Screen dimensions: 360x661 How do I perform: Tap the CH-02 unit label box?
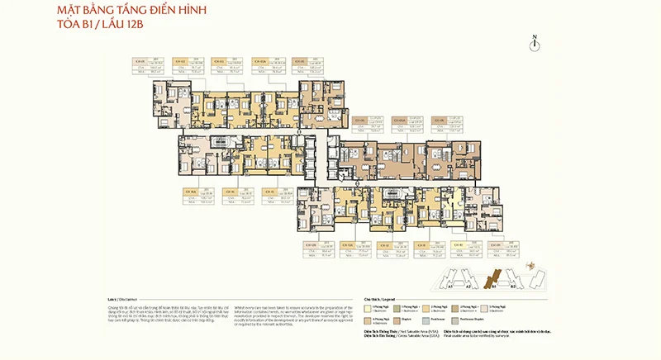(x=178, y=60)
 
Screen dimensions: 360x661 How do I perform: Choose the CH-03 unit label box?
(x=218, y=60)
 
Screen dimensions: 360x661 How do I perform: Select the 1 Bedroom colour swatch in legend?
(x=369, y=308)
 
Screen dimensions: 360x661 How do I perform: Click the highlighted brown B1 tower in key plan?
(x=494, y=279)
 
